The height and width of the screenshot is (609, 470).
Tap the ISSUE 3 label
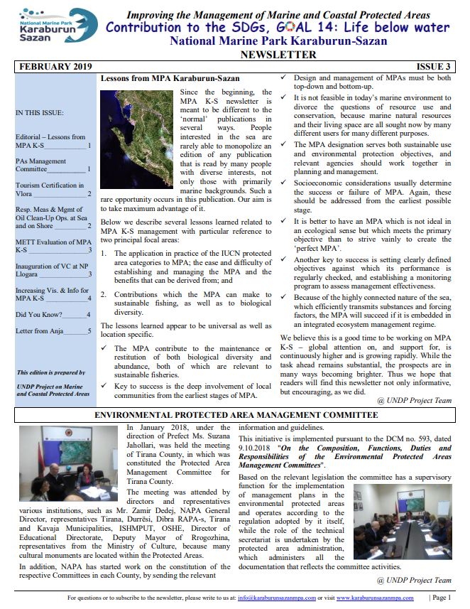434,66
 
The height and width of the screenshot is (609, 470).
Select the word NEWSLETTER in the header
278,54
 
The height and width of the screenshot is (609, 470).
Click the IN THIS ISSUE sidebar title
39,113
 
